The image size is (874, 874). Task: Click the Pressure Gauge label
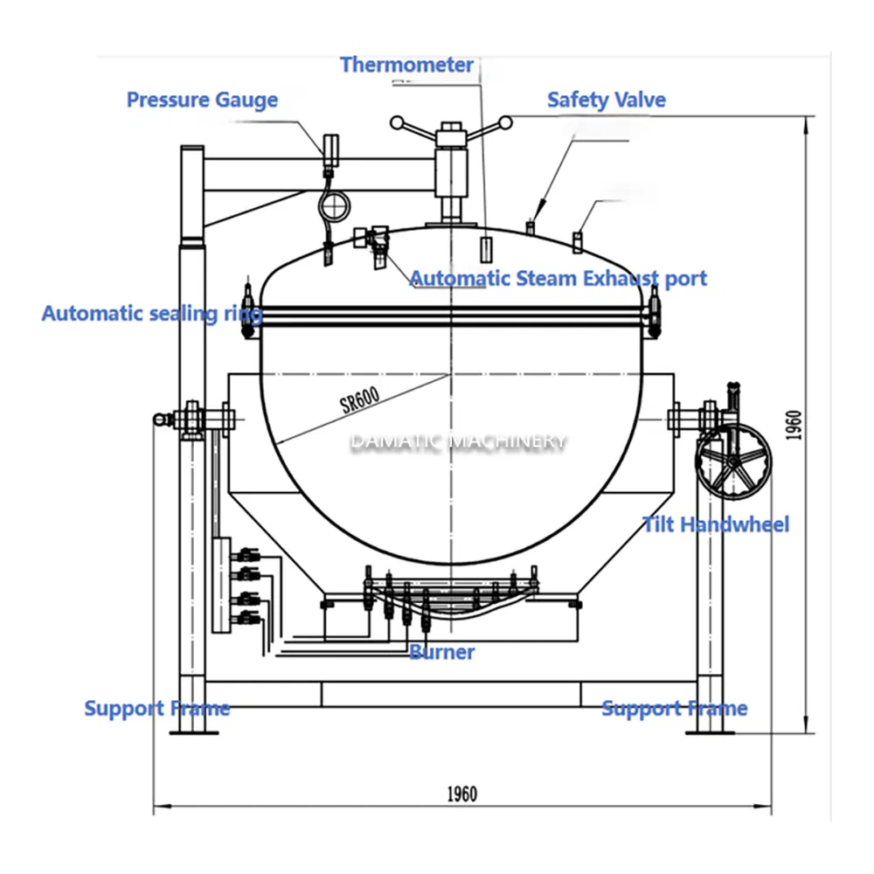(202, 100)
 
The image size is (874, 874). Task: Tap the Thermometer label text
(406, 65)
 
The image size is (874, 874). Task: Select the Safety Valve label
(606, 100)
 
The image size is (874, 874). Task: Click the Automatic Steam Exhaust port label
(558, 279)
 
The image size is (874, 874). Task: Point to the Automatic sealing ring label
(151, 313)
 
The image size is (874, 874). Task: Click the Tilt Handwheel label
(716, 524)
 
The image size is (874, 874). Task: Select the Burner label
(442, 652)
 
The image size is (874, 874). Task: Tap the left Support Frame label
(156, 708)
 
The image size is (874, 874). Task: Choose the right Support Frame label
(674, 708)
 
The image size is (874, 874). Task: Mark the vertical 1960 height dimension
(792, 426)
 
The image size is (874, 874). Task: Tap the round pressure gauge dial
(333, 207)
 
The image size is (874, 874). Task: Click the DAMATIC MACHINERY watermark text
(458, 441)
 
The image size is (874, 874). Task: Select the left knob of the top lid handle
(397, 122)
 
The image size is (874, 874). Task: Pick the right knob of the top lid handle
(506, 122)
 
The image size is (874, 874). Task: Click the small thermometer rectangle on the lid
(487, 247)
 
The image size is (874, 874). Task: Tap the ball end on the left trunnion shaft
(158, 420)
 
